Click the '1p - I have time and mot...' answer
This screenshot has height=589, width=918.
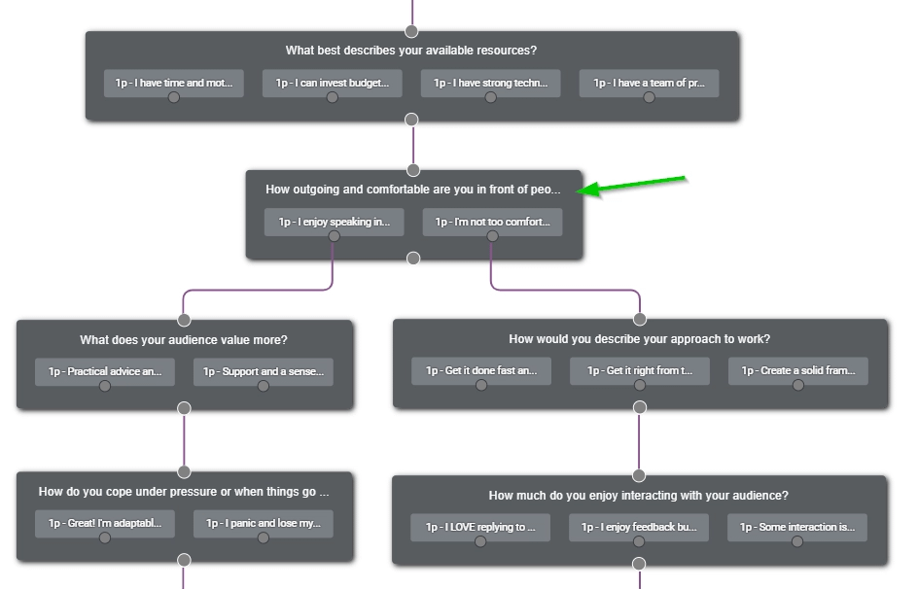pos(173,83)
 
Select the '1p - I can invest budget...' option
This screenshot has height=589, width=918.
pos(332,83)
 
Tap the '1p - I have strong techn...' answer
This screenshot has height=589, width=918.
pos(490,83)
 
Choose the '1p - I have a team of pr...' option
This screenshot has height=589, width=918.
pos(649,83)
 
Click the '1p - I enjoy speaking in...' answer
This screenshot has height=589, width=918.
pos(334,222)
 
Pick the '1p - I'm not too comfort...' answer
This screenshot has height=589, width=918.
pos(492,222)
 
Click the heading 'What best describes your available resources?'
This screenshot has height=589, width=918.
pos(410,51)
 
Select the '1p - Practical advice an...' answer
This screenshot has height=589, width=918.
pos(105,371)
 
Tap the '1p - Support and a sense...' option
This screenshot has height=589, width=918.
pos(263,371)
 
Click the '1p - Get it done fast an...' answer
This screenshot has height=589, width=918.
pos(480,370)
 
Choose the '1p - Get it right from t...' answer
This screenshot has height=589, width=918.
pos(639,370)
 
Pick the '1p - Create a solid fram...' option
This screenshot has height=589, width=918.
pos(797,370)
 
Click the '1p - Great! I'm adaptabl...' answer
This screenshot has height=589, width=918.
pos(105,523)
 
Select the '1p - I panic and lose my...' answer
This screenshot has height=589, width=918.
pos(263,523)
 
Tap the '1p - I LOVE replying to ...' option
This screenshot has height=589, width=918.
pos(480,527)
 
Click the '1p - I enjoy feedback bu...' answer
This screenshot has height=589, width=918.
pos(639,527)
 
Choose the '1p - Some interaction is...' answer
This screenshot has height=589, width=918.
pos(797,527)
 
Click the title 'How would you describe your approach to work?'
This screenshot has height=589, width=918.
pos(639,339)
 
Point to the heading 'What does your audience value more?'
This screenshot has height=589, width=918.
pos(184,340)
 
